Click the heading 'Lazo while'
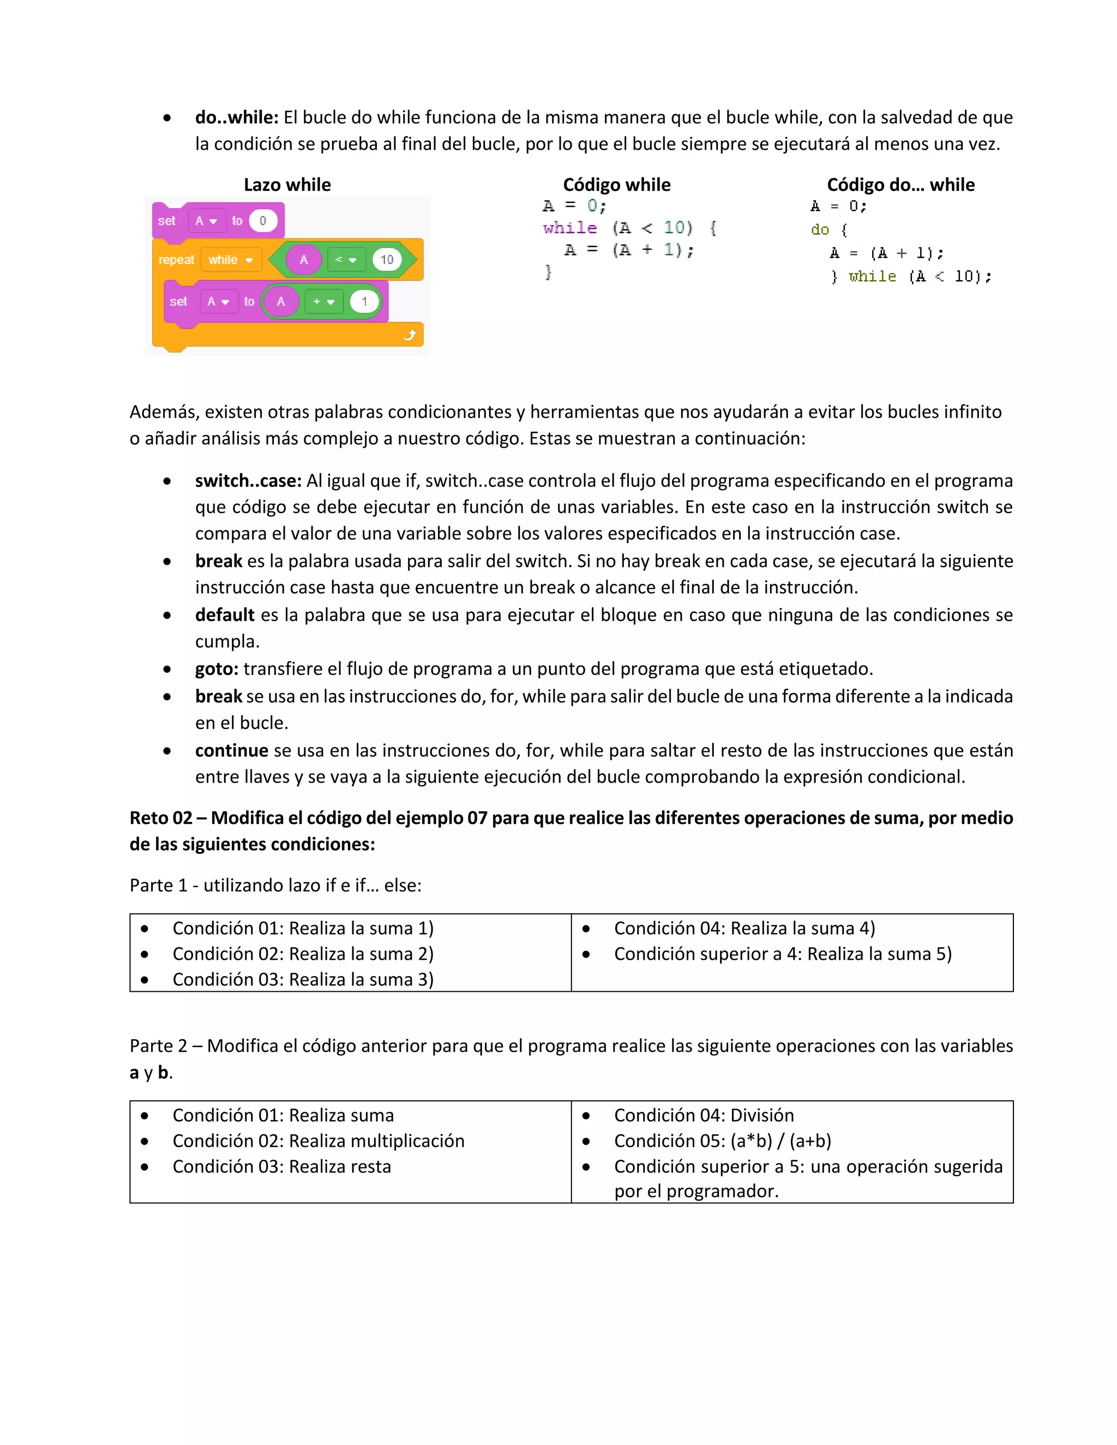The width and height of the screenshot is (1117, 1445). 287,185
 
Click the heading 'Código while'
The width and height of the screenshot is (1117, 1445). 616,185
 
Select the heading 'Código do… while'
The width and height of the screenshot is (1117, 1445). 900,185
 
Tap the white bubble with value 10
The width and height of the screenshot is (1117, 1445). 387,260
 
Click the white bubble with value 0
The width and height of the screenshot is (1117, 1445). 263,221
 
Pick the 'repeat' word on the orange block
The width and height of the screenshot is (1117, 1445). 176,260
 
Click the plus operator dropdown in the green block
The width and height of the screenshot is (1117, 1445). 323,302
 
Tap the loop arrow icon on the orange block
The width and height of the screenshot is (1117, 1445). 410,335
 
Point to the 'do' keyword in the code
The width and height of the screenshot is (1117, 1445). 819,230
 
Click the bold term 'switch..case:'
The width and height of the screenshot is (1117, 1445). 248,480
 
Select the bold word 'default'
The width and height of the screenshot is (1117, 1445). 224,615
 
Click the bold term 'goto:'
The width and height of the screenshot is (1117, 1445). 217,669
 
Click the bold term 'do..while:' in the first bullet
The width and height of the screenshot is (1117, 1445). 236,117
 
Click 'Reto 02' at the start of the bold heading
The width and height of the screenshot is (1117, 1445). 160,818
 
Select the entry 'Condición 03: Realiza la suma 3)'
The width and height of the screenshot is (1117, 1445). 302,979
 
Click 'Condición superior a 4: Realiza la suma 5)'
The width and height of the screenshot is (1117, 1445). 782,954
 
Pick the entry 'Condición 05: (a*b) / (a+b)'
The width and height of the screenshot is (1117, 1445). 722,1141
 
